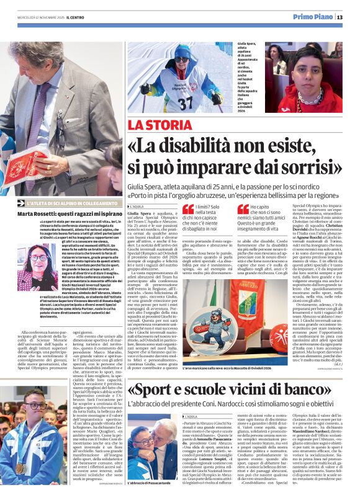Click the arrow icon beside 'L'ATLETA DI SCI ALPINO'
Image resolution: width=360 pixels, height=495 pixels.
[22, 203]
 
